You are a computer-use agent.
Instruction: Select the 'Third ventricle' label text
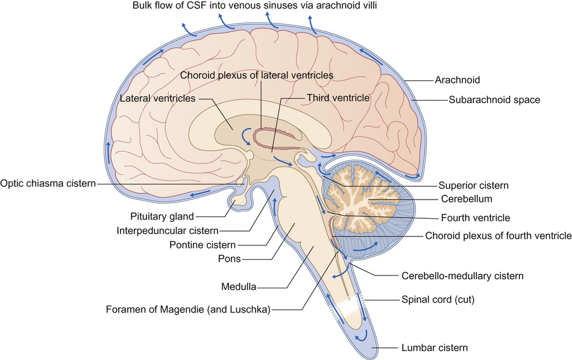click(x=338, y=96)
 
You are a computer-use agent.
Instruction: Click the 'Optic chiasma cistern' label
click(x=49, y=183)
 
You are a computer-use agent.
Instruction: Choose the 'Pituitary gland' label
click(x=162, y=215)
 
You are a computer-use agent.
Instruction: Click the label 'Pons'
click(x=230, y=259)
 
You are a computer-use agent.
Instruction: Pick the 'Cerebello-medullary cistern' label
click(x=462, y=275)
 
